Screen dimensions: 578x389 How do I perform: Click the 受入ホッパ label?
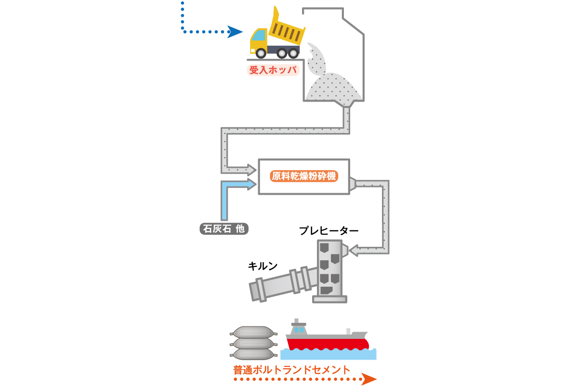click(x=273, y=70)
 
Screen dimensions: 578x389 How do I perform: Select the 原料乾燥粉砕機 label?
click(x=304, y=176)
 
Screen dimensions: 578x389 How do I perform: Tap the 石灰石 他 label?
click(x=224, y=229)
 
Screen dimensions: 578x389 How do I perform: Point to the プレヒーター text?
click(x=328, y=231)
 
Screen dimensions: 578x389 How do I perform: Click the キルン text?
click(x=263, y=266)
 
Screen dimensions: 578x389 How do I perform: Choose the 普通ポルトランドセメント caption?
click(x=291, y=370)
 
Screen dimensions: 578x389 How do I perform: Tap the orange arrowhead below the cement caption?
click(x=369, y=379)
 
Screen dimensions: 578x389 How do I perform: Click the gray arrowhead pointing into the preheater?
click(x=354, y=251)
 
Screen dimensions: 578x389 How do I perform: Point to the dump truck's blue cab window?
click(x=259, y=35)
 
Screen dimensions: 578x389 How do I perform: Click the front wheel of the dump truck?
click(x=261, y=54)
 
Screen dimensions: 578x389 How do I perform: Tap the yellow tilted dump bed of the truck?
click(x=287, y=28)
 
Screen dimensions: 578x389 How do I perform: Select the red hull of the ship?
click(x=328, y=344)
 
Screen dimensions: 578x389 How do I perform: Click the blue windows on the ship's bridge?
click(x=299, y=330)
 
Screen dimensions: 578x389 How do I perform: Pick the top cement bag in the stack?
click(x=253, y=332)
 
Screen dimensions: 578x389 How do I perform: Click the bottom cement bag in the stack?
click(x=253, y=354)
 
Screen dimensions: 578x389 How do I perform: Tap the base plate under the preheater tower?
click(x=329, y=299)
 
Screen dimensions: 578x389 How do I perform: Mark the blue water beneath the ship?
click(x=328, y=354)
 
